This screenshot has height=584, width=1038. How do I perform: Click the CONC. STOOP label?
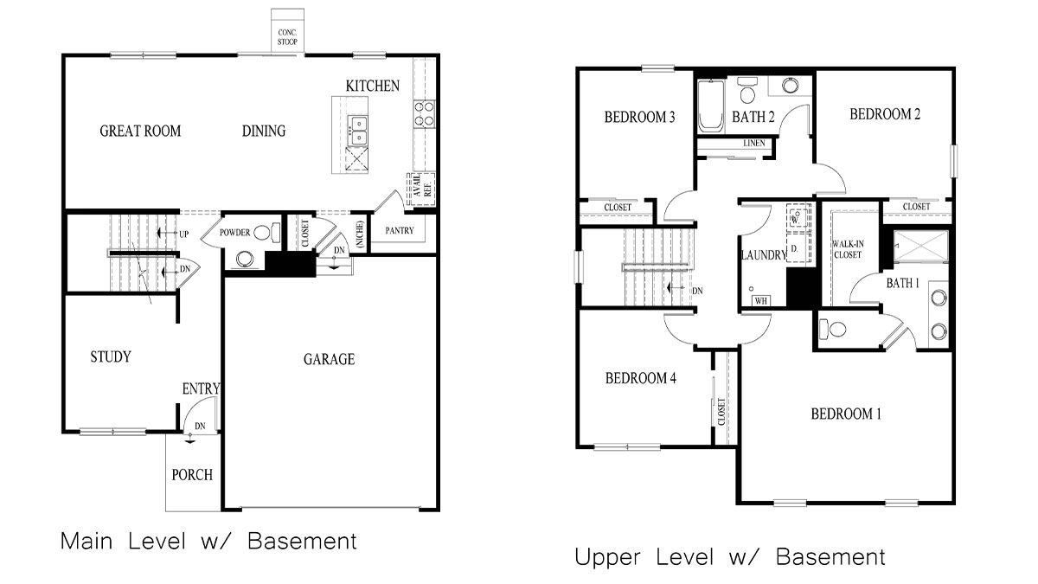click(286, 36)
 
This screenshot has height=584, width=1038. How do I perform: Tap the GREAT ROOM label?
click(140, 132)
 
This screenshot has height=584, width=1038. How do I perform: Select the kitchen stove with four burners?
click(425, 114)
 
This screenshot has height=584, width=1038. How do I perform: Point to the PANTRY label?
click(400, 231)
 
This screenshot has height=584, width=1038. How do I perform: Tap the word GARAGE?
click(329, 359)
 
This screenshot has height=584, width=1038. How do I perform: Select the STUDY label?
click(111, 356)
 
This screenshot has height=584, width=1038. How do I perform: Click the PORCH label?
click(192, 475)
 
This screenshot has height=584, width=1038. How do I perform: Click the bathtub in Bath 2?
click(710, 107)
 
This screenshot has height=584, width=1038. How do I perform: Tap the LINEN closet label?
click(753, 144)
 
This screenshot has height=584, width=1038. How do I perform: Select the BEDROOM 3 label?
click(639, 118)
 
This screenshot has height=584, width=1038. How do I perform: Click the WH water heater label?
click(761, 300)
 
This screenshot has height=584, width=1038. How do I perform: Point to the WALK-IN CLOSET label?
click(848, 250)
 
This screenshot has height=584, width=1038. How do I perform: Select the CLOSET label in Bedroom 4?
click(721, 411)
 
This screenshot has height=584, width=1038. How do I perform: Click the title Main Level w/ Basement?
click(208, 542)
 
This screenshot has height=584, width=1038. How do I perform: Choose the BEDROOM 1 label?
click(845, 414)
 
